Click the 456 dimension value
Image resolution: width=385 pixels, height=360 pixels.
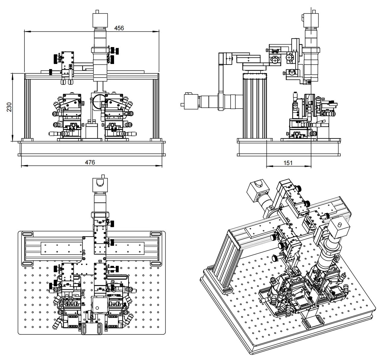[x=119, y=28]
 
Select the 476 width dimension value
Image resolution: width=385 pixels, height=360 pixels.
[x=89, y=162]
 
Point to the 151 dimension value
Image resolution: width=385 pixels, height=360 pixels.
[x=288, y=163]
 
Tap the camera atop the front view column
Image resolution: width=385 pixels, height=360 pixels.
[x=100, y=19]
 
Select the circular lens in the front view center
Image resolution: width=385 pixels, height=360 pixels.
[x=98, y=101]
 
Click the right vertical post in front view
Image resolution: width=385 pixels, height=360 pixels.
[x=156, y=108]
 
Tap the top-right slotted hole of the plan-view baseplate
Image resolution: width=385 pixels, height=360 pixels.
[x=156, y=234]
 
